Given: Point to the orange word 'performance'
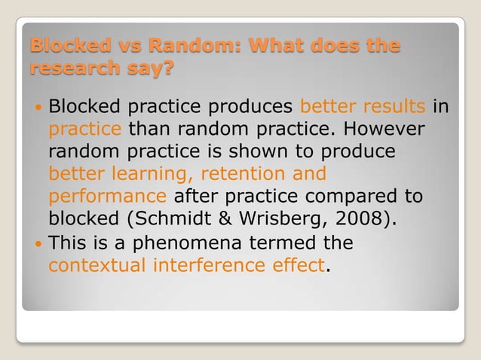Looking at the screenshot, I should click(x=107, y=197).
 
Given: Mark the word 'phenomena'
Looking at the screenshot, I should click(x=170, y=244).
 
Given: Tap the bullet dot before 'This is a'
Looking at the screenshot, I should click(x=38, y=244).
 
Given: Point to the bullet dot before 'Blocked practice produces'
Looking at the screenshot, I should click(x=38, y=106).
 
